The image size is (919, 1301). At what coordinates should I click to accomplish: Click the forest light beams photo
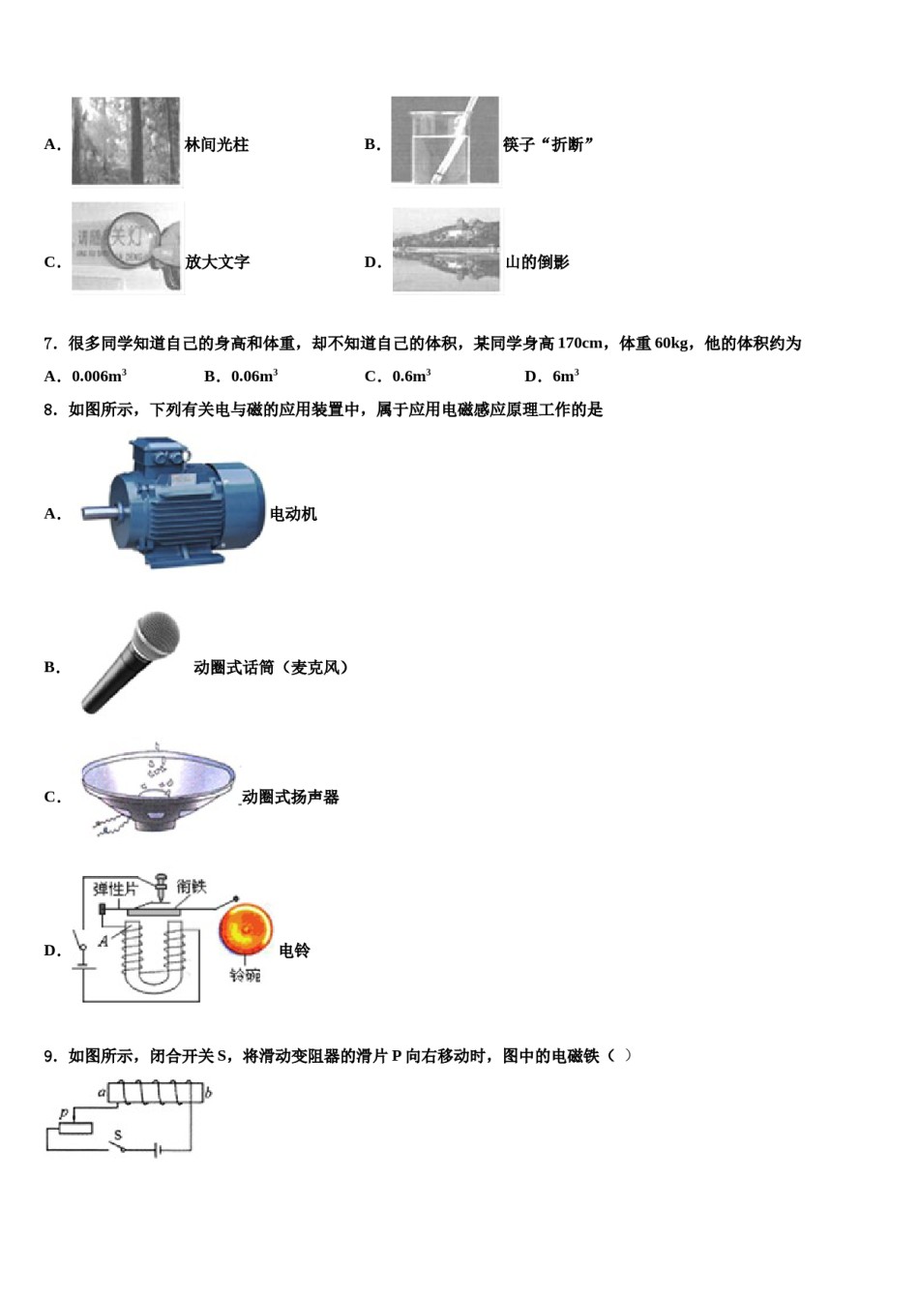[126, 141]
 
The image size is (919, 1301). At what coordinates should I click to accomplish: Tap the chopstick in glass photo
[445, 141]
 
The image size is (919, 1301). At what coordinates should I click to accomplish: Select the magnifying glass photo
[127, 247]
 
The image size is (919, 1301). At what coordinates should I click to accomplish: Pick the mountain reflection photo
[446, 250]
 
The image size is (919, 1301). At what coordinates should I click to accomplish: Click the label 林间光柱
[217, 145]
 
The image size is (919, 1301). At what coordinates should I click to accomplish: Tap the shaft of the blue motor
[95, 512]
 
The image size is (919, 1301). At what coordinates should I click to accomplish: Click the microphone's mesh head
[156, 635]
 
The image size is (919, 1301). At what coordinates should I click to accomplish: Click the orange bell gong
[245, 932]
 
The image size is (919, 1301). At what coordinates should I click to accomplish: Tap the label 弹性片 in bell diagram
[115, 889]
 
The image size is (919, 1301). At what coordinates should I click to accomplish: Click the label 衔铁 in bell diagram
[192, 886]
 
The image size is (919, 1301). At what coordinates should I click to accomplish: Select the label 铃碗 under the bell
[245, 975]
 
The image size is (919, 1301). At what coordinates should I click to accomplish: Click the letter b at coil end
[209, 1093]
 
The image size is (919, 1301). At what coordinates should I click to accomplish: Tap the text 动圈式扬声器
[290, 798]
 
